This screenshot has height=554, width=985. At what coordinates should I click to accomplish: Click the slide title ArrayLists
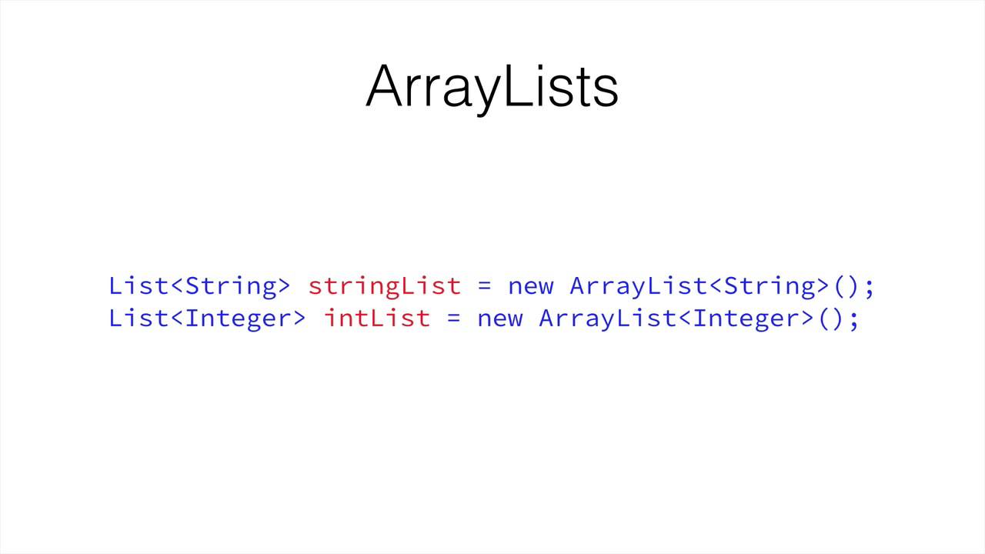pyautogui.click(x=492, y=86)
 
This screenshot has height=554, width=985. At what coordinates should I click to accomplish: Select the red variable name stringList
pyautogui.click(x=384, y=286)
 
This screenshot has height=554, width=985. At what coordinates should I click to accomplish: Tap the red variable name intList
pyautogui.click(x=376, y=318)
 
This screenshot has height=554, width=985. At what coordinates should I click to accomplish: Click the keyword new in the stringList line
pyautogui.click(x=530, y=286)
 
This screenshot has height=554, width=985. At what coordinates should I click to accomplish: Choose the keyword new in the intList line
pyautogui.click(x=499, y=318)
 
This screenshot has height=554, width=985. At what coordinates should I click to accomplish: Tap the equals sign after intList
pyautogui.click(x=453, y=319)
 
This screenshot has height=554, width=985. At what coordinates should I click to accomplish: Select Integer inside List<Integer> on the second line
pyautogui.click(x=239, y=318)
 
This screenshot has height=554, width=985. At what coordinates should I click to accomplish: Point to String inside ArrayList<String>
pyautogui.click(x=770, y=286)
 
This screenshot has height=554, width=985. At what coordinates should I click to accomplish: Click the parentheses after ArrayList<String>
pyautogui.click(x=846, y=286)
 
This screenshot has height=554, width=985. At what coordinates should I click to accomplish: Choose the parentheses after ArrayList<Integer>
pyautogui.click(x=831, y=318)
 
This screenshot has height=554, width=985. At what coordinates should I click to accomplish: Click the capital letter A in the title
pyautogui.click(x=385, y=86)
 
